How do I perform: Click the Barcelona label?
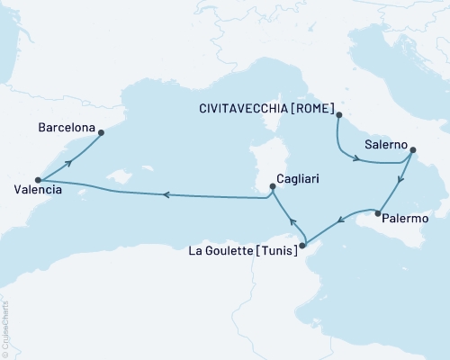(67, 129)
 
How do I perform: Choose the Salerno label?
(385, 143)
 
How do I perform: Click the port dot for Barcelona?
(101, 133)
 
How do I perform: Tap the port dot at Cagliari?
(272, 188)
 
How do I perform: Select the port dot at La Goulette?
(302, 245)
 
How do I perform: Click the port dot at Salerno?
(413, 150)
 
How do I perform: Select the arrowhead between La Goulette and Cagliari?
(292, 220)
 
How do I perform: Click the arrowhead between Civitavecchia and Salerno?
(357, 159)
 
